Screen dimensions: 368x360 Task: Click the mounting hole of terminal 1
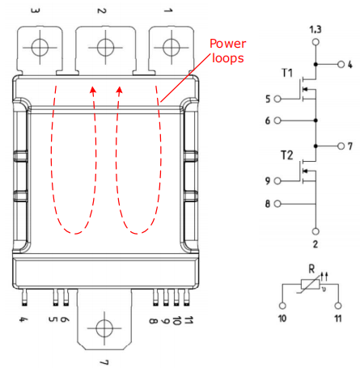[169, 46]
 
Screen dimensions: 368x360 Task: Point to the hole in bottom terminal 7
[104, 328]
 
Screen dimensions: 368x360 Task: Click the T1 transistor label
[286, 74]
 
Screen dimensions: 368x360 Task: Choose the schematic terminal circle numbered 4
[340, 63]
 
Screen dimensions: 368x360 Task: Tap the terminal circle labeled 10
[282, 307]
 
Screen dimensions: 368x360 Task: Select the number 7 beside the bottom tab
[104, 362]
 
